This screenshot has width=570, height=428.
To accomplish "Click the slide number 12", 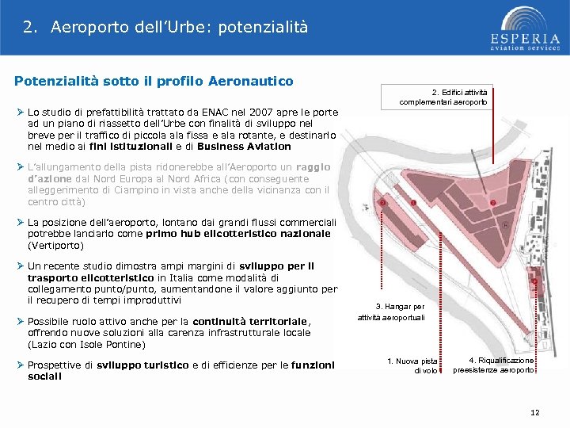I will coord(534,412).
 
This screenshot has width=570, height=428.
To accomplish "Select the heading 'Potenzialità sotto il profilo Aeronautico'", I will coord(154,81).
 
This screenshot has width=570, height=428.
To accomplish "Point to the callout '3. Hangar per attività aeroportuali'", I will coord(400,311).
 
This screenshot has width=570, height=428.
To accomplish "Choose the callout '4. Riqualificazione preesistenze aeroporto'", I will coord(493,365).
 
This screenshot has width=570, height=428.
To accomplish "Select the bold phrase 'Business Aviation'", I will coord(244,147).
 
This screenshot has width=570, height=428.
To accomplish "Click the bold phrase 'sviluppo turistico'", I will coord(150,365).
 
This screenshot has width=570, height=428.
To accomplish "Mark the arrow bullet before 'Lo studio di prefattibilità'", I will coord(20,112).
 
